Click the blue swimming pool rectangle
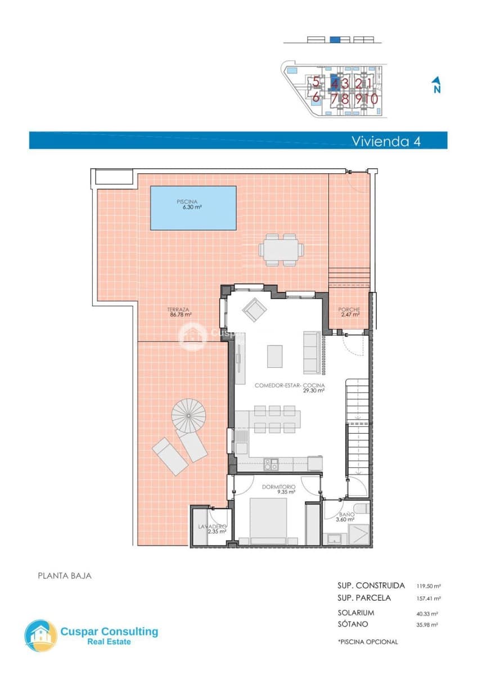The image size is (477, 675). point(193,208)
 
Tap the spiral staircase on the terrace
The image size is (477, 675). point(188,415)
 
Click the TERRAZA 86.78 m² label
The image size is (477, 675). point(181,312)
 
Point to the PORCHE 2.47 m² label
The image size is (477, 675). point(349,312)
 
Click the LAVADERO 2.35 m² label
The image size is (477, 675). point(211,529)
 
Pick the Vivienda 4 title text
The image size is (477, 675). point(385,141)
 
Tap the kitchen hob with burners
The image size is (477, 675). point(271,464)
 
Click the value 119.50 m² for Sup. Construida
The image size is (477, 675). point(428,586)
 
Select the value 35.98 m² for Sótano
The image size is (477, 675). point(427,624)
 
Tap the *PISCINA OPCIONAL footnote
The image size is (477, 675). point(367,642)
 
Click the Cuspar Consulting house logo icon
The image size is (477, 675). point(40,636)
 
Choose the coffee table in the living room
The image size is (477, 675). point(275,355)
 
